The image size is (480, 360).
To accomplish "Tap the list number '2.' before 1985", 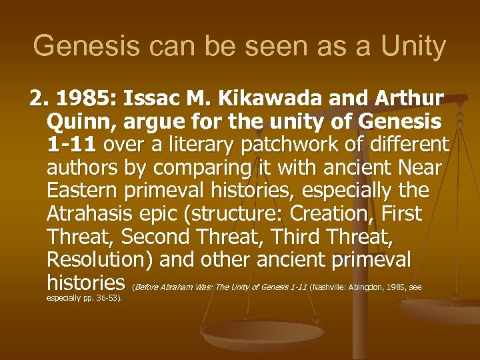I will (x=39, y=100).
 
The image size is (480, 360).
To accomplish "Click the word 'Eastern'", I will (x=83, y=191).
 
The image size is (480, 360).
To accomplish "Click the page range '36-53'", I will (x=107, y=298).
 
